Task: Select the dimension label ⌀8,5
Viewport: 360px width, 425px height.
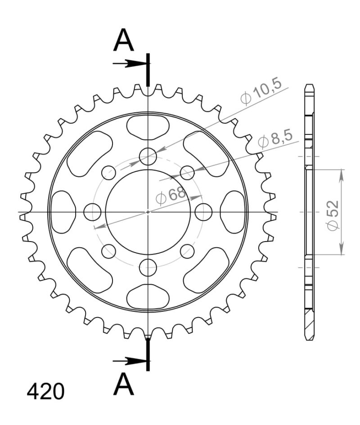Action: (x=276, y=140)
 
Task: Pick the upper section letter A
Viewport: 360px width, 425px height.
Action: (x=123, y=41)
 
